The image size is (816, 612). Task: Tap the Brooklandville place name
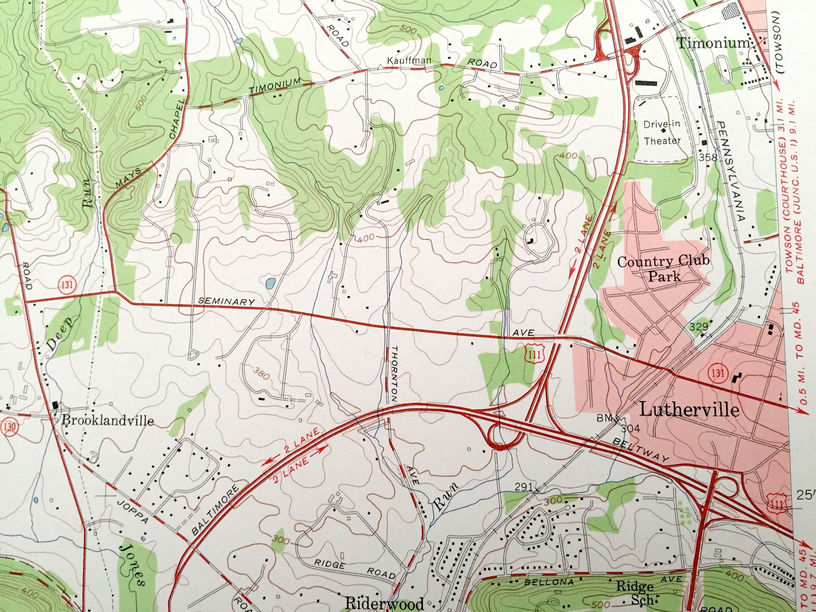coord(107,420)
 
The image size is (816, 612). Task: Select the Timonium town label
coord(713,43)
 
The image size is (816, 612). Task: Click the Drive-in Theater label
coord(662,132)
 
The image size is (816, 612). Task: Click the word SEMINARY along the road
coord(227,301)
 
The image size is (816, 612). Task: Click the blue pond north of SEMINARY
coord(270,283)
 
